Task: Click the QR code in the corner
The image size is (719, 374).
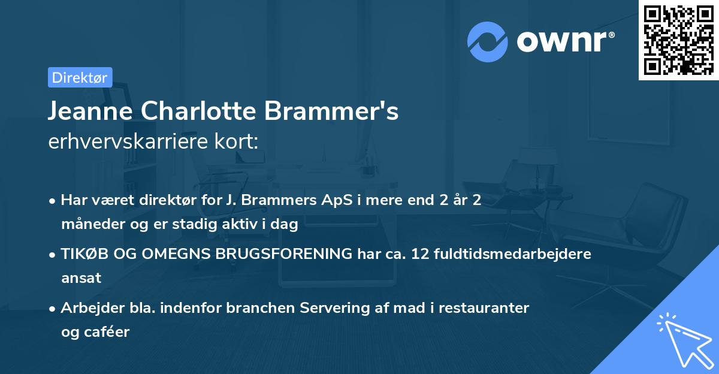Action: [678, 40]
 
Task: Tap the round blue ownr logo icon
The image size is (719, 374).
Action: [488, 41]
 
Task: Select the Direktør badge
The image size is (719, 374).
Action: [80, 77]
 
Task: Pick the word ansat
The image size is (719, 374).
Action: [81, 278]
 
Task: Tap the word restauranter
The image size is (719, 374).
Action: [485, 307]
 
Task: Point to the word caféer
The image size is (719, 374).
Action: [108, 331]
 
